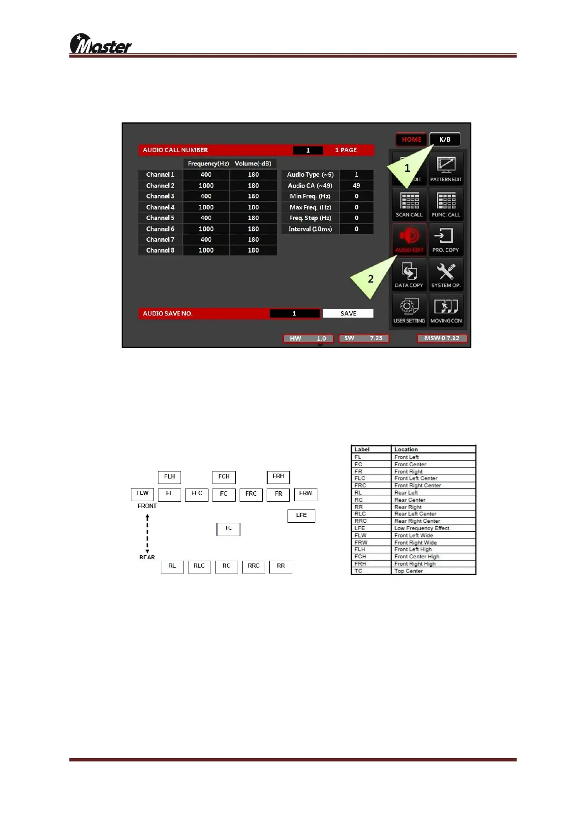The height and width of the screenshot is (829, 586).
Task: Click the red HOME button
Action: coord(411,139)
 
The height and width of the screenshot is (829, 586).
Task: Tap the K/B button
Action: coord(445,139)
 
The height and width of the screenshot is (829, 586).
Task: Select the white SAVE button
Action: coord(348,314)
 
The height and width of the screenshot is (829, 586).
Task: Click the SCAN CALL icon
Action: coord(409,204)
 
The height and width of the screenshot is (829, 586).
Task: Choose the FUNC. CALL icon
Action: coord(446,204)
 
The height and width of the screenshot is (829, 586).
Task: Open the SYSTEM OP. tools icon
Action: coord(446,275)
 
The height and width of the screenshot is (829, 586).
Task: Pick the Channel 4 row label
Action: coord(160,207)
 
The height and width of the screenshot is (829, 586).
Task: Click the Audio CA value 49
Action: coord(356,186)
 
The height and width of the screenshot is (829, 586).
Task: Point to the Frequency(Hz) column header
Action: coord(208,163)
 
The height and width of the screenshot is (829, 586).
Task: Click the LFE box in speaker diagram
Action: coord(301,515)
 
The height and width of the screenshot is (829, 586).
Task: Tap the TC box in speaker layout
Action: coord(228,529)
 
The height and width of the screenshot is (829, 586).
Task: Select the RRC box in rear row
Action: coord(253,567)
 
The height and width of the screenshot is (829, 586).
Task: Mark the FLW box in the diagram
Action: coord(142,494)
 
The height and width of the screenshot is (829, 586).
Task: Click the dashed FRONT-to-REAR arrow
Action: coord(147,533)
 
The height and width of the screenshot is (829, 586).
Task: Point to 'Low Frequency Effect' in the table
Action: coord(422,528)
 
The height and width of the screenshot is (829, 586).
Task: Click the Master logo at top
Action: coord(101,44)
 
